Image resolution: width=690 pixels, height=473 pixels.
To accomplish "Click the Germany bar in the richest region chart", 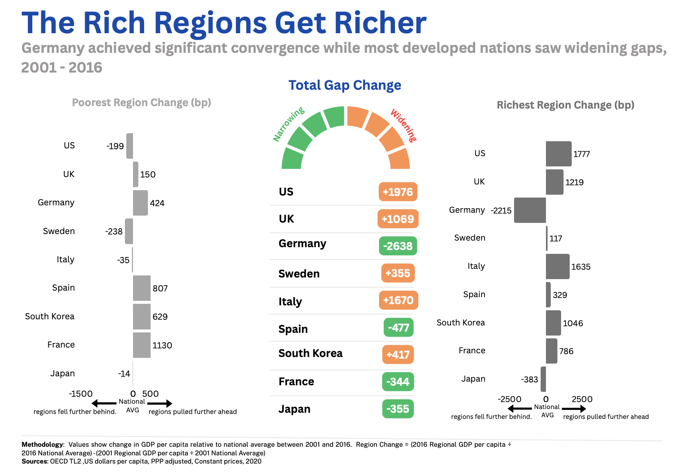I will coord(530,210).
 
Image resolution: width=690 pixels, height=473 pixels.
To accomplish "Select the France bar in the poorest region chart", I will coord(142,345).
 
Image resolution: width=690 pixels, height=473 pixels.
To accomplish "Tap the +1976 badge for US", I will coord(398,192).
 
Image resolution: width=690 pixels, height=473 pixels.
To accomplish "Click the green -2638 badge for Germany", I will coord(398,246).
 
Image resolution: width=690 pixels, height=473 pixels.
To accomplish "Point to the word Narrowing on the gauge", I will coord(289,124).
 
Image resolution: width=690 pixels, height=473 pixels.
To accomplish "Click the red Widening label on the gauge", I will coord(404,125).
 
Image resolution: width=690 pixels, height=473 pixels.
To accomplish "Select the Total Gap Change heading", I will coord(345,85).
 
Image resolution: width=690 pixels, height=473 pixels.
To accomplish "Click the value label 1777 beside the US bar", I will coord(581,154).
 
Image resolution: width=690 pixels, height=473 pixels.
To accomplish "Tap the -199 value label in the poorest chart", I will coord(115,146).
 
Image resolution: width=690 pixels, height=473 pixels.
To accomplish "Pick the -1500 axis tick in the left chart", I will coord(81,394).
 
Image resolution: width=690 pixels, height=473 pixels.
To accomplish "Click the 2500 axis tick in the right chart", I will coord(582,399).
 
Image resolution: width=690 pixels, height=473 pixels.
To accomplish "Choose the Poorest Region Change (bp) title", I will coord(141,102).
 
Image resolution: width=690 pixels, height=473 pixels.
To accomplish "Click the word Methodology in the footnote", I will coord(42,444).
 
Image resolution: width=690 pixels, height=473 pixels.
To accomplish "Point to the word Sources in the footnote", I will coord(35,462).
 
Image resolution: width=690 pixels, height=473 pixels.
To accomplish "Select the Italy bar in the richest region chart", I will coord(557,266).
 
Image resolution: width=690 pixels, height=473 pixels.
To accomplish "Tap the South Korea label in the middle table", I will coord(310,353).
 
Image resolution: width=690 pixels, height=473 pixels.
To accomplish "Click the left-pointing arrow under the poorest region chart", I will coord(104,403).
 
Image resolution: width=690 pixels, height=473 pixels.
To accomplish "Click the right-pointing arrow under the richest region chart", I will coord(574,409).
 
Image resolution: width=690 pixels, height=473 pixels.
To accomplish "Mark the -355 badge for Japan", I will coord(398,409).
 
